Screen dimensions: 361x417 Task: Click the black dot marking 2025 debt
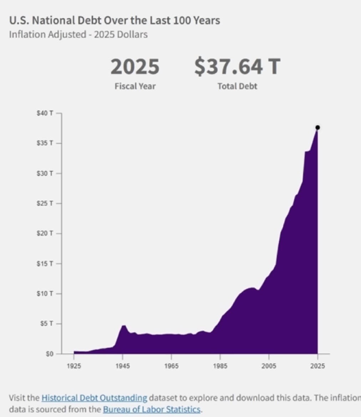(x=317, y=128)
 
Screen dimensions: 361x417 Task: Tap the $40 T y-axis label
(x=45, y=113)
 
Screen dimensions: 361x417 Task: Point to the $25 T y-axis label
(x=45, y=204)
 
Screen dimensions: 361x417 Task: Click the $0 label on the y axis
(x=50, y=354)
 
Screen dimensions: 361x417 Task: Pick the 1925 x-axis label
(x=74, y=366)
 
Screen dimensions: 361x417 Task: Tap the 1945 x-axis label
(x=123, y=366)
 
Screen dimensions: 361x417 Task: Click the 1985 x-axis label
(x=220, y=366)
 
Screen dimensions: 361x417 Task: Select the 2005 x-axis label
(x=269, y=366)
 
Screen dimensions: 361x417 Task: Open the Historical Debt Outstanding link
(x=94, y=398)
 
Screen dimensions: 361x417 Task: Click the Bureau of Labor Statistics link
(x=152, y=409)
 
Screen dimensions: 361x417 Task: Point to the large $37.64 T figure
(x=237, y=67)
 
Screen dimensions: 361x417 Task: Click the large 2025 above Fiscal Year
(x=135, y=67)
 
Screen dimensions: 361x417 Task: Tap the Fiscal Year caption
(x=135, y=86)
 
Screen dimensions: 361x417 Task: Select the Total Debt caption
(x=237, y=86)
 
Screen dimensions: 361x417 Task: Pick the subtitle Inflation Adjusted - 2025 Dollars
(x=78, y=35)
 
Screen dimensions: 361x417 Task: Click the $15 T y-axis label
(x=45, y=263)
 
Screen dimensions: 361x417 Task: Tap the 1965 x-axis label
(x=172, y=366)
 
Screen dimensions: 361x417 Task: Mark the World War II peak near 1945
(x=123, y=325)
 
